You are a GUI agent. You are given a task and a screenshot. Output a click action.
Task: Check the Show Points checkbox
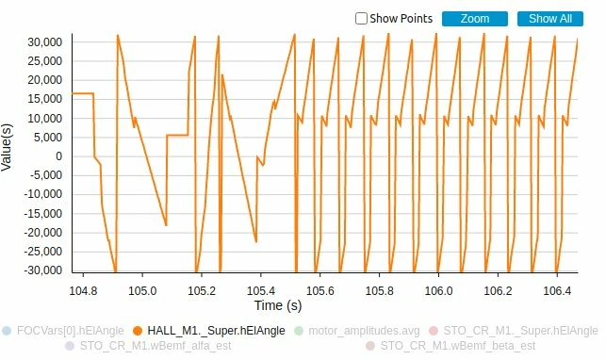click(361, 19)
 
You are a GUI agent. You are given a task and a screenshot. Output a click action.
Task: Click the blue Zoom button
click(475, 19)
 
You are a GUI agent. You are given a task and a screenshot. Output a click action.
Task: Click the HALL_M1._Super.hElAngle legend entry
click(208, 331)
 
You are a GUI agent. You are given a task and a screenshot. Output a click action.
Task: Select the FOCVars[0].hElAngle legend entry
click(63, 331)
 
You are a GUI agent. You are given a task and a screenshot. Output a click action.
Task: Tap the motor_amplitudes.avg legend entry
click(357, 331)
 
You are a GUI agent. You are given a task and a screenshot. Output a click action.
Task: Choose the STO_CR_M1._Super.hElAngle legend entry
click(514, 331)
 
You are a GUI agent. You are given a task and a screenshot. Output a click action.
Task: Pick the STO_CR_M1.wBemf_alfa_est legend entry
click(148, 346)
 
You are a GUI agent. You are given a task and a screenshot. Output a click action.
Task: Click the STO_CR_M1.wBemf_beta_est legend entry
click(450, 346)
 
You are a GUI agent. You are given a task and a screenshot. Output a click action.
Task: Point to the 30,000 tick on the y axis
click(45, 42)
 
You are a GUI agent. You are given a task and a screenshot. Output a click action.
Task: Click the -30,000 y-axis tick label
click(43, 270)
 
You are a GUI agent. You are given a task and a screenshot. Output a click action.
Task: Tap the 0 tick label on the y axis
click(58, 156)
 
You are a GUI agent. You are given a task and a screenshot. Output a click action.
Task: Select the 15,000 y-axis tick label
click(45, 99)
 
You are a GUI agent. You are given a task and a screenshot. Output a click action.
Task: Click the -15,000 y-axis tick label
click(43, 214)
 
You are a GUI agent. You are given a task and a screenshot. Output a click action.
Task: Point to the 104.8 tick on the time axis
click(83, 290)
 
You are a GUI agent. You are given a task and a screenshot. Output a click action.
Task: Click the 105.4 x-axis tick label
click(261, 290)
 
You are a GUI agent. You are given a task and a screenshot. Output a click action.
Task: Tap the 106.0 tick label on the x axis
click(438, 290)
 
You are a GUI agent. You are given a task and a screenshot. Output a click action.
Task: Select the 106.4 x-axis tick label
click(557, 290)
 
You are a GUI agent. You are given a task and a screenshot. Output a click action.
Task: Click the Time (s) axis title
click(278, 305)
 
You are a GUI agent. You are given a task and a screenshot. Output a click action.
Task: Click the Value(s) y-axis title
click(7, 147)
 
